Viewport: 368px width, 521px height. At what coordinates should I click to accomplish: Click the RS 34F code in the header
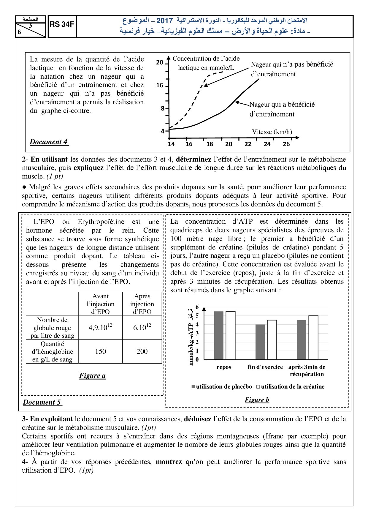[62, 25]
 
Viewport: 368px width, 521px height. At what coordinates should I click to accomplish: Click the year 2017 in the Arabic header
[164, 20]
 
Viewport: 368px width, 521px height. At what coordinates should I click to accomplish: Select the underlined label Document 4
[49, 142]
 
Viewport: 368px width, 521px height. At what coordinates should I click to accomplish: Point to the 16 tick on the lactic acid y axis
[160, 86]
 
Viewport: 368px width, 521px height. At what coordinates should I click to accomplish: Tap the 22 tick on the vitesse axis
[248, 144]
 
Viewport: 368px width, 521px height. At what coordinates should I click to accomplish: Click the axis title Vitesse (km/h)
[272, 132]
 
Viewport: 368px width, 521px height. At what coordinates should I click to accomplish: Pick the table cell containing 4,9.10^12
[100, 327]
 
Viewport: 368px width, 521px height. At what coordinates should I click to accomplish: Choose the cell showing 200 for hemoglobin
[142, 351]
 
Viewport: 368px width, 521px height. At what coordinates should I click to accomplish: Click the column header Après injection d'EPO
[142, 304]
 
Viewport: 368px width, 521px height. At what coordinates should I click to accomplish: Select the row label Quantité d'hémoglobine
[52, 351]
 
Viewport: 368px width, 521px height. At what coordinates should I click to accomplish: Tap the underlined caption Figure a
[92, 376]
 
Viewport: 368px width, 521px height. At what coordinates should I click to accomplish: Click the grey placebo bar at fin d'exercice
[260, 342]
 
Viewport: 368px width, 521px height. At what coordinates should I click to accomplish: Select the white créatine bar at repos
[231, 335]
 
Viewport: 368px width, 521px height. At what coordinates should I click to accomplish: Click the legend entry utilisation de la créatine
[291, 387]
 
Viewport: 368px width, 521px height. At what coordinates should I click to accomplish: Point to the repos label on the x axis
[224, 367]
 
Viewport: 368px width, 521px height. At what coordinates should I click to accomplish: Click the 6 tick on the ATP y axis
[197, 307]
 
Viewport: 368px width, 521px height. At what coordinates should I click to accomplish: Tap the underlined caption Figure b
[257, 400]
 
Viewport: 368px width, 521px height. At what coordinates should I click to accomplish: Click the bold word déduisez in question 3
[197, 419]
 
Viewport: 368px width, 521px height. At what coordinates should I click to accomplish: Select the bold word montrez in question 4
[169, 462]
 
